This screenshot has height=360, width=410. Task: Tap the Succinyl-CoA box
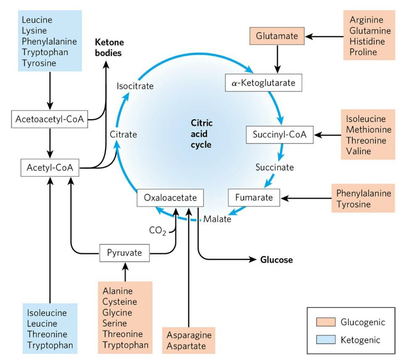pos(280,135)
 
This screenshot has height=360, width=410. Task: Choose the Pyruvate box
pos(125,253)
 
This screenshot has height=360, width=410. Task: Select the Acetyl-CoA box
pos(50,168)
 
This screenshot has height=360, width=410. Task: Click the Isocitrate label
pos(135,86)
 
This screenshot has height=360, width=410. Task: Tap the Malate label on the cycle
pos(217,219)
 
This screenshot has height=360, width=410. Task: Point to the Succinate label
pos(274,167)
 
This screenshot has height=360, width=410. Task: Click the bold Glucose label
pos(276,260)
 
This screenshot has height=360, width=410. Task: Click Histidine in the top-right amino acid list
pos(364,41)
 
